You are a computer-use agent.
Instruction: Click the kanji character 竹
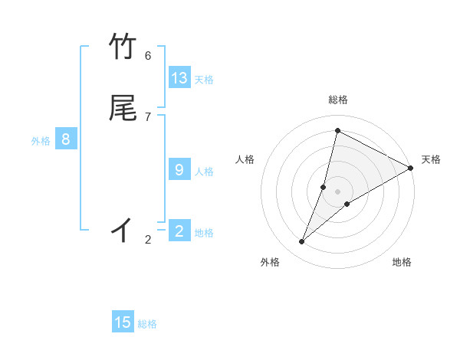pos(123,47)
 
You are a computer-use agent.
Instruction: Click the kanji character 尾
pos(123,108)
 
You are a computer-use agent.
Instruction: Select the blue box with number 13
pos(179,78)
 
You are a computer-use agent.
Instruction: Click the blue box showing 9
pos(179,170)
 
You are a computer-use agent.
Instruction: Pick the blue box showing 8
pos(66,139)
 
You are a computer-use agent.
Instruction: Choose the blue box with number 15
pos(123,322)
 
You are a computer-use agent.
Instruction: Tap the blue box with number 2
pos(179,231)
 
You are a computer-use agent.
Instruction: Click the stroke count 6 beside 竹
pos(148,55)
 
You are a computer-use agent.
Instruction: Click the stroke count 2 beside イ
pos(148,240)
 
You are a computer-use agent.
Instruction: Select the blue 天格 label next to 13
pos(204,80)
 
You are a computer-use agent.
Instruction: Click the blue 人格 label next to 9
pos(204,172)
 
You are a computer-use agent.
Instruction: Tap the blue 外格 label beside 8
pos(41,141)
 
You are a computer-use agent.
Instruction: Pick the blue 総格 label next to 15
pos(147,324)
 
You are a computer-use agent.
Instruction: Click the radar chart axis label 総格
pos(338,100)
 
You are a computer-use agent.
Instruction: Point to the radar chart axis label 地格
pos(402,262)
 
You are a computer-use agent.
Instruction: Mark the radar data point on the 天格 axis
pos(412,169)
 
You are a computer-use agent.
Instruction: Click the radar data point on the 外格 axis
pos(302,242)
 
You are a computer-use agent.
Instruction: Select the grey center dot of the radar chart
pos(338,191)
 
